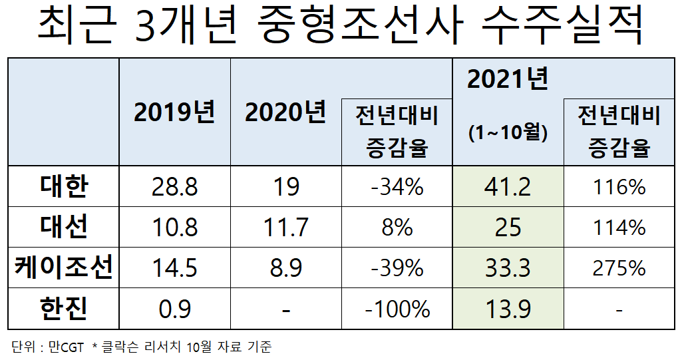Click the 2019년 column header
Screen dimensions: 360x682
pyautogui.click(x=175, y=112)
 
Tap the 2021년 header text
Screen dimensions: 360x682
pyautogui.click(x=508, y=80)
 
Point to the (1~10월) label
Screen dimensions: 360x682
pyautogui.click(x=508, y=133)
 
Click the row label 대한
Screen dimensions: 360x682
pyautogui.click(x=64, y=187)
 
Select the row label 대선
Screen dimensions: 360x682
pyautogui.click(x=64, y=228)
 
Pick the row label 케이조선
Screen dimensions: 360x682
pyautogui.click(x=64, y=268)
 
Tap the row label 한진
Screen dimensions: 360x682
pyautogui.click(x=64, y=309)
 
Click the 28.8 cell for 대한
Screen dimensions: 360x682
pyautogui.click(x=175, y=187)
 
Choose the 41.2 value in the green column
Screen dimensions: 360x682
pyautogui.click(x=508, y=187)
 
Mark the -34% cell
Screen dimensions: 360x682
pyautogui.click(x=397, y=187)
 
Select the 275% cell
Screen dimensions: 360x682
pyautogui.click(x=619, y=268)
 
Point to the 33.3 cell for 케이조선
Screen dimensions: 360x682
pyautogui.click(x=508, y=268)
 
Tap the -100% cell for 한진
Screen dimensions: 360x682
pyautogui.click(x=397, y=309)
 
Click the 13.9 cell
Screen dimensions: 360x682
pyautogui.click(x=508, y=309)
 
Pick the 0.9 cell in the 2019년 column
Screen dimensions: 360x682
pyautogui.click(x=175, y=309)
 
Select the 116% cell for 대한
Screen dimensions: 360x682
pyautogui.click(x=619, y=187)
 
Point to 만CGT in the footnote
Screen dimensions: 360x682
pyautogui.click(x=66, y=347)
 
